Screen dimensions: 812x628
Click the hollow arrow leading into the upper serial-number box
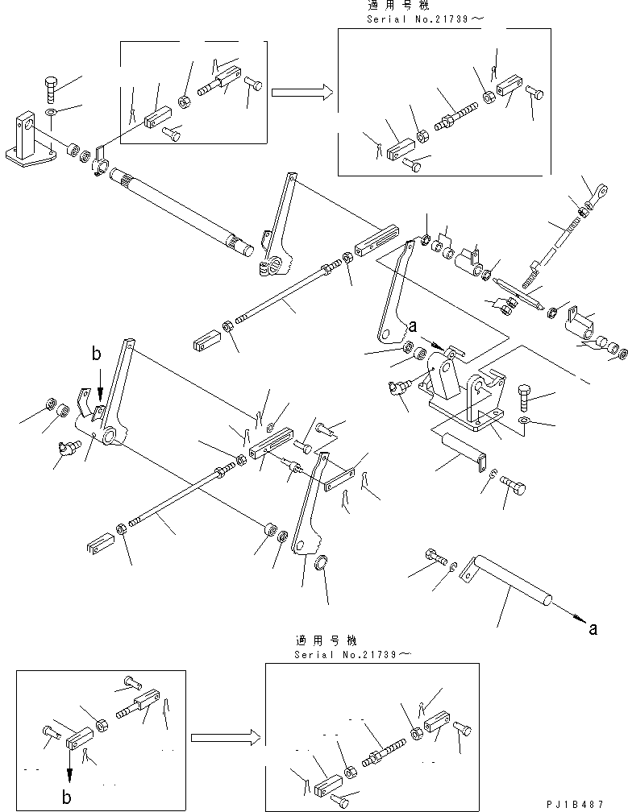pos(302,93)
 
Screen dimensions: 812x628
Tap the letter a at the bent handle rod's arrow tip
pos(593,629)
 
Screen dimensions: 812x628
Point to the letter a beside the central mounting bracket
pos(413,327)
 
